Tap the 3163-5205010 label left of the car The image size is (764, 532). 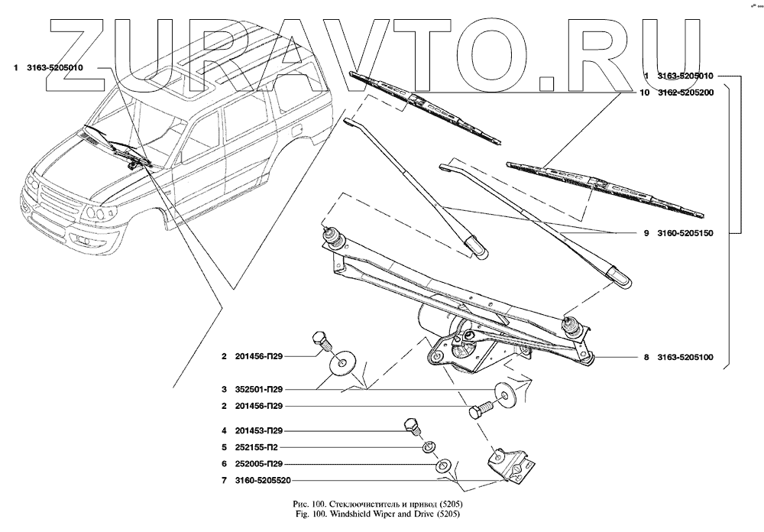pos(58,68)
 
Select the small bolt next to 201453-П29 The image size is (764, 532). pos(411,425)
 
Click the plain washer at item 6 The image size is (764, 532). pos(442,464)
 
